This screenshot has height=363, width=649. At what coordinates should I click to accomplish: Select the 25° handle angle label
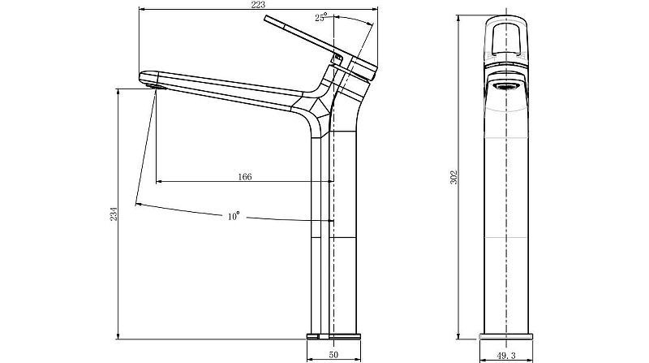[x=321, y=17]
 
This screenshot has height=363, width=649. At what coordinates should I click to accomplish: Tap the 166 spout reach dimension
[x=243, y=176]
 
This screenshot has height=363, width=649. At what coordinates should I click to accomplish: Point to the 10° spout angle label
[x=234, y=216]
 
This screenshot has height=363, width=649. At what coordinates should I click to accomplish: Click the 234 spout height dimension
[x=114, y=214]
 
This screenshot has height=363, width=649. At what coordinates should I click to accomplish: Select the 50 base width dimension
[x=333, y=355]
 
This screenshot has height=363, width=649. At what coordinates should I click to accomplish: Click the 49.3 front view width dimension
[x=506, y=355]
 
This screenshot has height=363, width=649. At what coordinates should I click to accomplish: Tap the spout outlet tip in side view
[x=151, y=79]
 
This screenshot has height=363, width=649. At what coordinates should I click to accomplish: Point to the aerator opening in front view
[x=506, y=85]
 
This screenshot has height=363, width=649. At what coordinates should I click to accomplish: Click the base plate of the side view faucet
[x=333, y=334]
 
